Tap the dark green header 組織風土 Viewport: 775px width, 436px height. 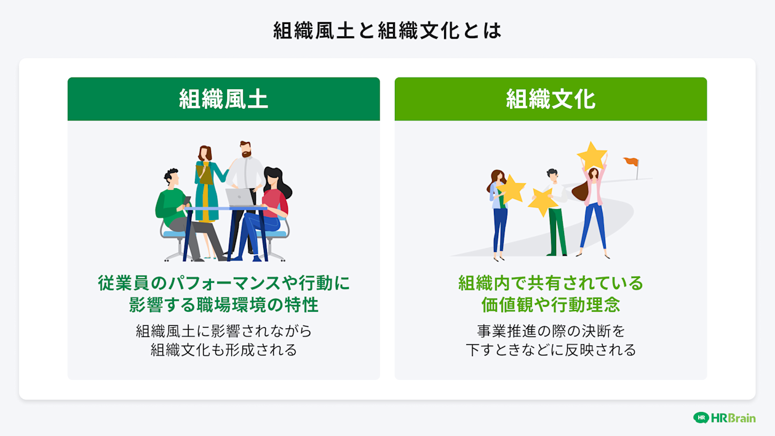coord(223,99)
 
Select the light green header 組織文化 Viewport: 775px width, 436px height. coord(550,99)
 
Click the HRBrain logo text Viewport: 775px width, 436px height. coord(733,418)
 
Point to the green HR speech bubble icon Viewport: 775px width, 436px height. coord(701,418)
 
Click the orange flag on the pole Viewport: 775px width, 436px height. coord(631,161)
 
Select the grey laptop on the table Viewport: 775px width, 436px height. coord(240,197)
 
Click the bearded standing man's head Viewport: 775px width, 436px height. coord(245,149)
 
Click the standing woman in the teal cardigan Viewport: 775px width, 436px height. coord(205,184)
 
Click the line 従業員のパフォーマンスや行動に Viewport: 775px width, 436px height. coord(223,283)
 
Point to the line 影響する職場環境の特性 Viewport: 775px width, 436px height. coord(223,304)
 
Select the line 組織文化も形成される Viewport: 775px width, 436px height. coord(223,350)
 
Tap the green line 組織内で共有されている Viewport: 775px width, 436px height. coord(550,283)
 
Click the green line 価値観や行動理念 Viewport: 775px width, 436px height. coord(550,304)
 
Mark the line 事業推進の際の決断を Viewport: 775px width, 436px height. coord(550,331)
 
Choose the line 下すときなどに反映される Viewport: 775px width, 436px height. coord(550,350)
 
